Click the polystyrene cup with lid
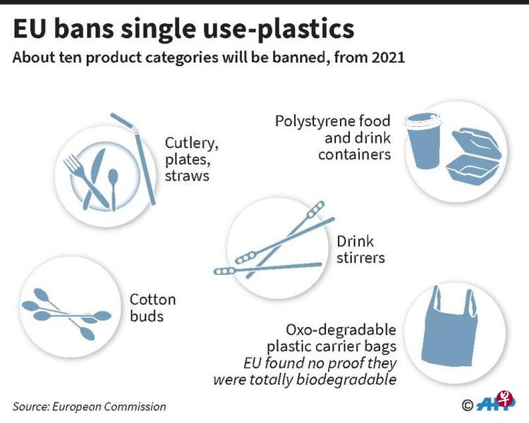point(423,140)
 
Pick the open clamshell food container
point(474,156)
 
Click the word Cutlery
point(192,144)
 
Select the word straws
point(187,176)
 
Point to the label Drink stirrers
point(360,250)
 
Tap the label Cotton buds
point(153,308)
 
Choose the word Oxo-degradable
point(341,329)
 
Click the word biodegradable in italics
point(346,379)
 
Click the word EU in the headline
point(29,30)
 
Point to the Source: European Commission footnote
point(90,407)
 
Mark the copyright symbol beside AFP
point(467,405)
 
